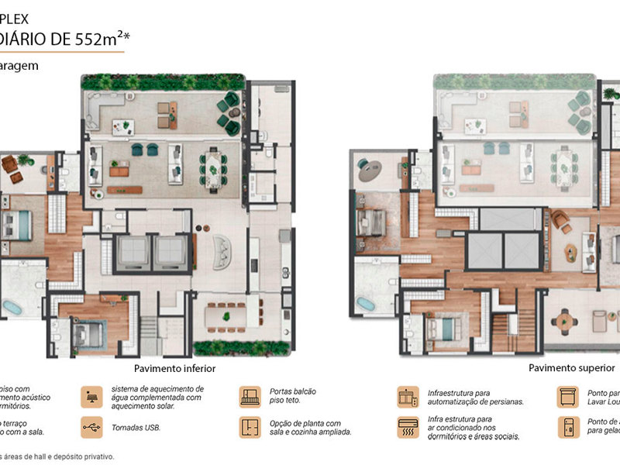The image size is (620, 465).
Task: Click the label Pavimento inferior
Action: point(174,369)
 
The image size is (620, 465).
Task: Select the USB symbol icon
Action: point(91,427)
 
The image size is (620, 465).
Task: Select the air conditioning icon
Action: point(408,427)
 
